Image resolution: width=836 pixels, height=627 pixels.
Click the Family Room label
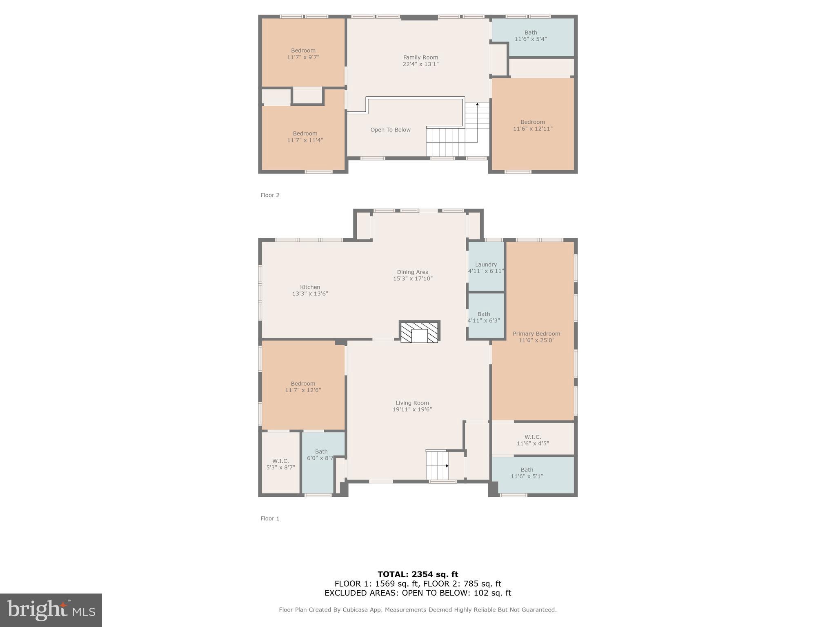click(420, 58)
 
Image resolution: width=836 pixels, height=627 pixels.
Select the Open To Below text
click(390, 130)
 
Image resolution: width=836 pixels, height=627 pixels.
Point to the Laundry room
click(486, 267)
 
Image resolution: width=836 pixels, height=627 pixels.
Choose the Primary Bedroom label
click(536, 334)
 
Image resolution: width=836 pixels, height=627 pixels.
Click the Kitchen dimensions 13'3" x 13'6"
click(310, 293)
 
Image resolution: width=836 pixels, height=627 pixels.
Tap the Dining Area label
click(413, 272)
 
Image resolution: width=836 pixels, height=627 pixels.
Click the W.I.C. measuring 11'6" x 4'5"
click(533, 440)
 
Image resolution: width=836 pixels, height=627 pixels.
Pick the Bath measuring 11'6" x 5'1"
click(527, 473)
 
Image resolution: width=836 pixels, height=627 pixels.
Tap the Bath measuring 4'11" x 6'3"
click(484, 317)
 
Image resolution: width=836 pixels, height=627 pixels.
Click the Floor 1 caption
click(270, 518)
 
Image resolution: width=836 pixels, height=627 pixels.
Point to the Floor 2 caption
click(270, 195)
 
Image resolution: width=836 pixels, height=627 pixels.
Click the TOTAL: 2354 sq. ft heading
click(418, 574)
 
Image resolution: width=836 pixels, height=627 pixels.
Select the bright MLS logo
click(51, 610)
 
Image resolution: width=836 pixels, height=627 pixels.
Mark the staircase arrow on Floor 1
click(447, 466)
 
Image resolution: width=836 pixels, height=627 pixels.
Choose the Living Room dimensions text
click(412, 409)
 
